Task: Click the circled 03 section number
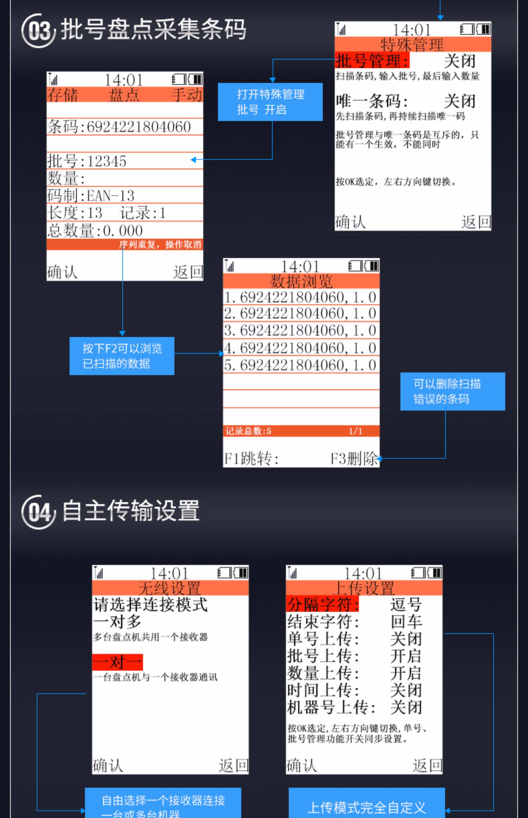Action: pos(38,31)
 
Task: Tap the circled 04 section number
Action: pos(38,512)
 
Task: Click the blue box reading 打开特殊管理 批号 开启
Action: pos(270,102)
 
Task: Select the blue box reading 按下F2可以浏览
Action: pos(122,356)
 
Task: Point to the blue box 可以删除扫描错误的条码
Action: pos(452,391)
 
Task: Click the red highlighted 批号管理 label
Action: pos(372,61)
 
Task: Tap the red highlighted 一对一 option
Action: pos(118,662)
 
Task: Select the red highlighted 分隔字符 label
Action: pos(322,605)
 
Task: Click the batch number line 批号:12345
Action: pos(87,161)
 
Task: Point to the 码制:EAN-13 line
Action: pos(91,196)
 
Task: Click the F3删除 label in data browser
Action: pos(353,459)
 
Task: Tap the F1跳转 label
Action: pos(251,459)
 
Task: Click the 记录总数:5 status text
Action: pos(249,431)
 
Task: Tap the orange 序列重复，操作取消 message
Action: pos(160,244)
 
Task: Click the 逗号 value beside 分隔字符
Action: pos(406,605)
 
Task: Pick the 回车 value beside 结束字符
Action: pos(406,622)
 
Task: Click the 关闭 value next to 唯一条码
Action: pos(460,101)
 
